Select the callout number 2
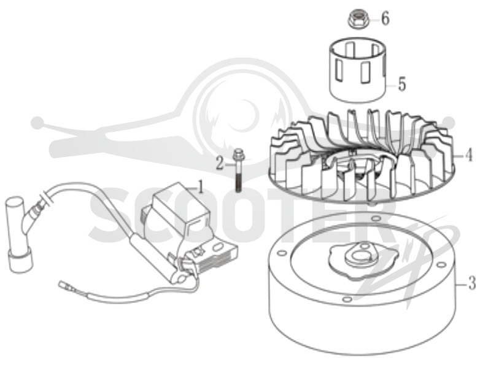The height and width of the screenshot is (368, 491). [x=220, y=163]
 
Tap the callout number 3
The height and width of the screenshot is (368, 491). [x=471, y=282]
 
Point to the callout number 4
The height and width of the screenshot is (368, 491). [x=468, y=155]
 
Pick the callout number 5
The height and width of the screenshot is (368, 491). [x=402, y=84]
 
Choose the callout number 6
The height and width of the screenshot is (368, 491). [x=385, y=18]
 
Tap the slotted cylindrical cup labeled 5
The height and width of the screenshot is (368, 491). [x=358, y=70]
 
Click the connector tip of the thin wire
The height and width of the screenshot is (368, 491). [x=63, y=285]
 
